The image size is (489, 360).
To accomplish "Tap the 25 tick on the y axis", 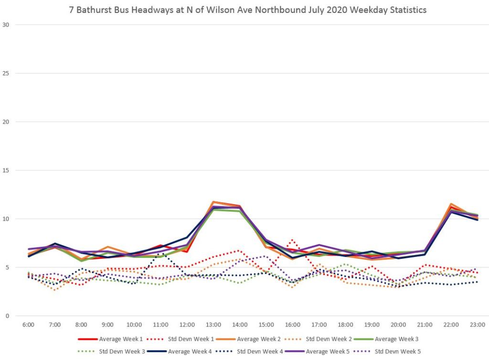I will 6,73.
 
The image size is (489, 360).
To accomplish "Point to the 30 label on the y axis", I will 6,24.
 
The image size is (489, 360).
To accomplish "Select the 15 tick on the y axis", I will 6,170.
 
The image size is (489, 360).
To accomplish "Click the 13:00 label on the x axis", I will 213,325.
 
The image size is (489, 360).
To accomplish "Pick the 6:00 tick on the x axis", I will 28,325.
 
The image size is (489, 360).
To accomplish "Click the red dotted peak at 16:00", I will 292,240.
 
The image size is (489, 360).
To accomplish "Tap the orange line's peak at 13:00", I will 213,201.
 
